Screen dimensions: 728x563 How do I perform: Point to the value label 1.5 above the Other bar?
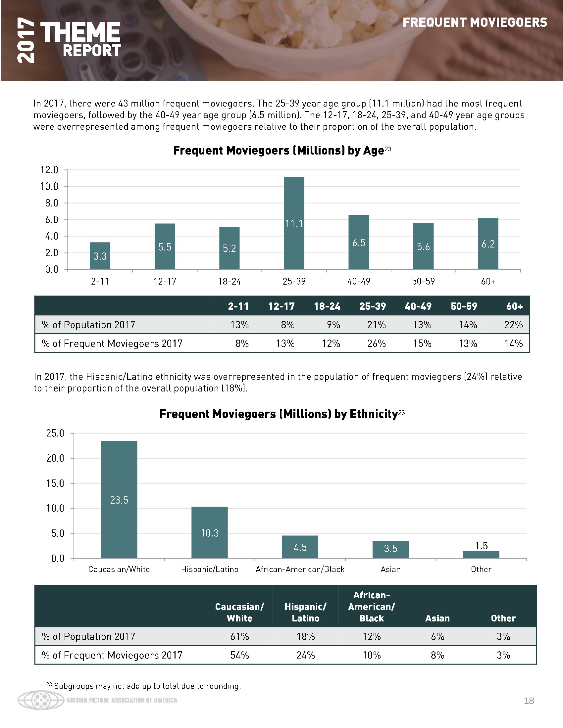481,546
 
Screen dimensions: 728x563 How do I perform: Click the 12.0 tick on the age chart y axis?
49,170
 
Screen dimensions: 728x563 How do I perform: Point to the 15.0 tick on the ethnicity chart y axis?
55,483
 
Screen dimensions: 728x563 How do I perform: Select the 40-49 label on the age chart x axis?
359,282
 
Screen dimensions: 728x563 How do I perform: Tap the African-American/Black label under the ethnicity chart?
300,569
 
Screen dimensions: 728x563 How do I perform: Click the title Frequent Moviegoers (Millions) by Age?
278,151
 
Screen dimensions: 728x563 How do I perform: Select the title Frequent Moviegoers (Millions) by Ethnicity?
279,414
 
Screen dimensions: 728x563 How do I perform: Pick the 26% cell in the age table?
376,343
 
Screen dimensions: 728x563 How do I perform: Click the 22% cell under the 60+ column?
513,325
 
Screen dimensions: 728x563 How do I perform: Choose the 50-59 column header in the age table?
464,306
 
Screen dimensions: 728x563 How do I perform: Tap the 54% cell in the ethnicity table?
239,655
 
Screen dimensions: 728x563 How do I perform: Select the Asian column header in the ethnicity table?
437,618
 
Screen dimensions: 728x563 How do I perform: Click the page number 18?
529,701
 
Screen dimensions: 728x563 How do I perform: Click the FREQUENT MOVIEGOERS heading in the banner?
475,23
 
